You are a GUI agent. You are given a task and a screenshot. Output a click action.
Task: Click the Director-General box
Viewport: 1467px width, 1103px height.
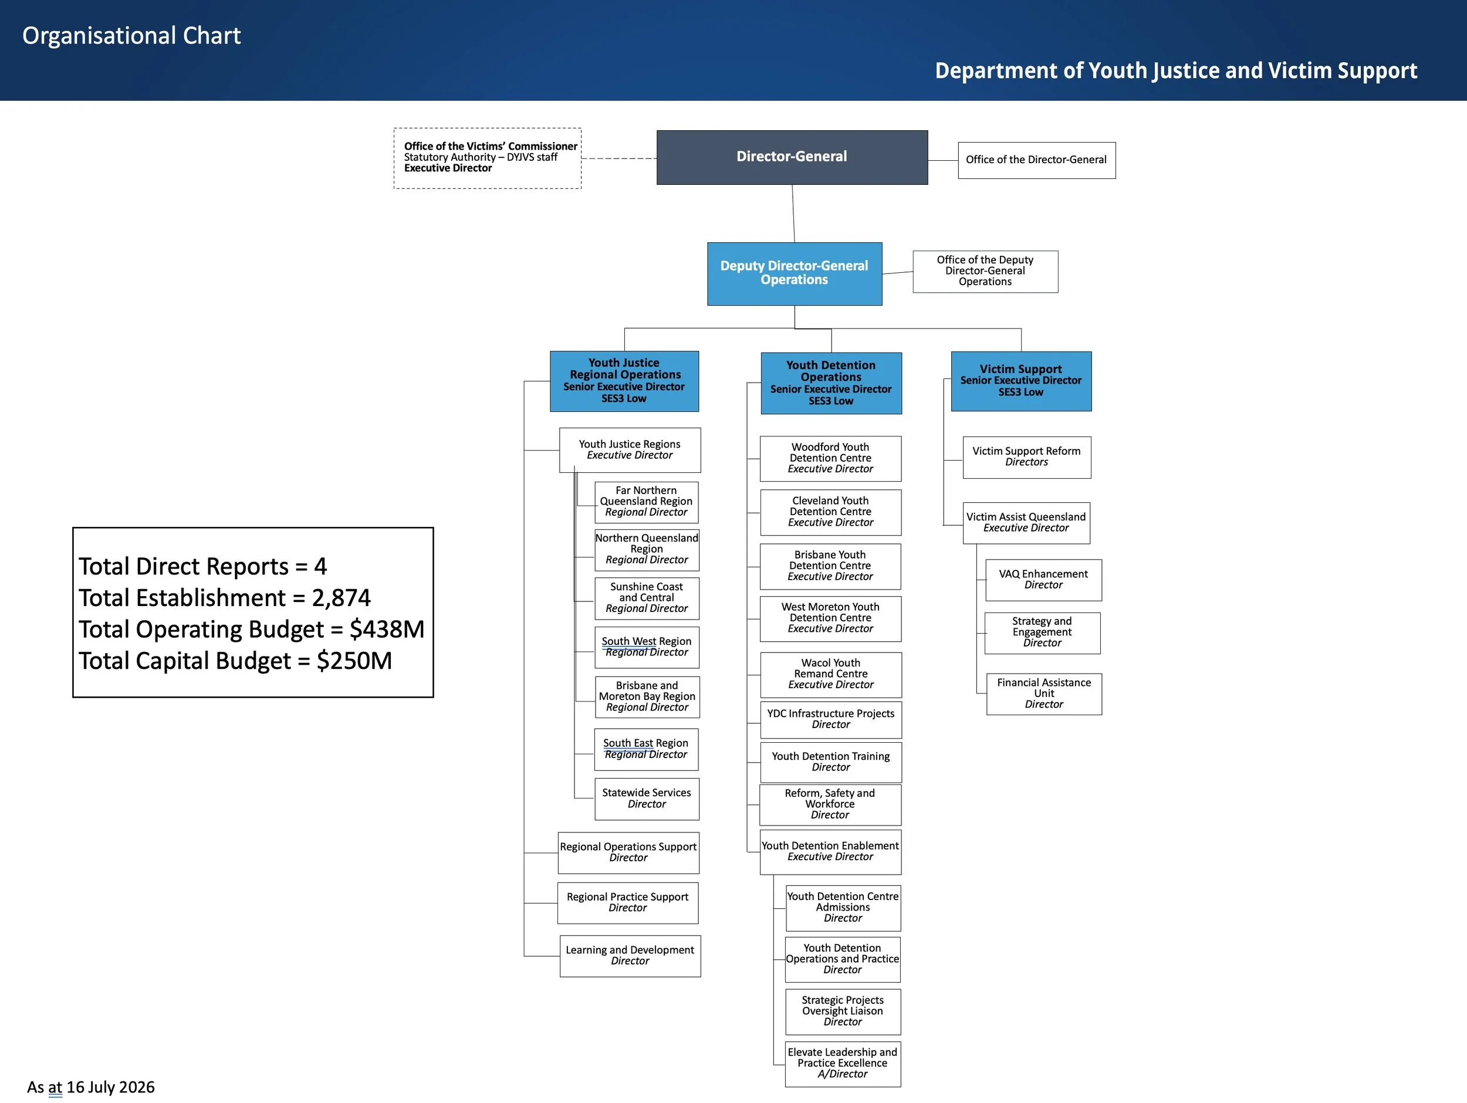pos(792,157)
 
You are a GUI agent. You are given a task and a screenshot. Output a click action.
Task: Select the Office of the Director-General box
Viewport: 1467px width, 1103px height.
pos(1037,160)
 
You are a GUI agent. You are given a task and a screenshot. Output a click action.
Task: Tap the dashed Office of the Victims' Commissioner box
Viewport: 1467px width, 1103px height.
pos(488,158)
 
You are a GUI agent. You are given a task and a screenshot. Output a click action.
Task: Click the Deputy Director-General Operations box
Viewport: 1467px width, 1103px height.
pos(795,273)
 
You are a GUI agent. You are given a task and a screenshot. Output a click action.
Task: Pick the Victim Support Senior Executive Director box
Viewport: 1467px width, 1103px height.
pos(1022,381)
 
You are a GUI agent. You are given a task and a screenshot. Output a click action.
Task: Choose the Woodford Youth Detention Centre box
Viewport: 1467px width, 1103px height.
pos(830,458)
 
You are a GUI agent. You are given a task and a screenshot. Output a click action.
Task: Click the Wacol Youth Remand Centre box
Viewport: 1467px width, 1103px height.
pos(831,675)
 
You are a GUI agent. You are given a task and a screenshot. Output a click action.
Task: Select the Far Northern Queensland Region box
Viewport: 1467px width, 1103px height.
pos(647,502)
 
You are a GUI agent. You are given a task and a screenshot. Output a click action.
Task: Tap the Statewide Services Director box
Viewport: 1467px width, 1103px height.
pos(647,799)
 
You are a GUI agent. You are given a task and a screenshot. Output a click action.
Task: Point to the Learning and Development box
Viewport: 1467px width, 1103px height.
pos(630,956)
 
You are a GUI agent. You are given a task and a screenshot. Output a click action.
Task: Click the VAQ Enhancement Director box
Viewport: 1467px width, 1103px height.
pos(1043,580)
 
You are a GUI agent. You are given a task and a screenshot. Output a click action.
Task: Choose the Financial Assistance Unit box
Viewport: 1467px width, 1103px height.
pos(1044,693)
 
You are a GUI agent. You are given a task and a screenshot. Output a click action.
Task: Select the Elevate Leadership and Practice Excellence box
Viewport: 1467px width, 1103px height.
pos(843,1064)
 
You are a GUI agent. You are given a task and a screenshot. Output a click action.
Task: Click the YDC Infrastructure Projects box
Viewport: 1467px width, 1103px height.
pos(831,720)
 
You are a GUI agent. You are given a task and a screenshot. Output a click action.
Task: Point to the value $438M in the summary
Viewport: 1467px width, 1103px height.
pos(387,629)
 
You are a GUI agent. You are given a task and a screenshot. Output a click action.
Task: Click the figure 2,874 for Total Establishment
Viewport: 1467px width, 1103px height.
pos(341,598)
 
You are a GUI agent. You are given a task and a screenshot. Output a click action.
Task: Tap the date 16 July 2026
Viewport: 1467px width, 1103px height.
pos(110,1087)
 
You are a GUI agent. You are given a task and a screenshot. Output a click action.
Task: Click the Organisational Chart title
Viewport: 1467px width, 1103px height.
pos(131,36)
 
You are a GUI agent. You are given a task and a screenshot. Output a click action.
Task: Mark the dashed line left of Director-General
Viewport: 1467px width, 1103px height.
pos(618,158)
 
